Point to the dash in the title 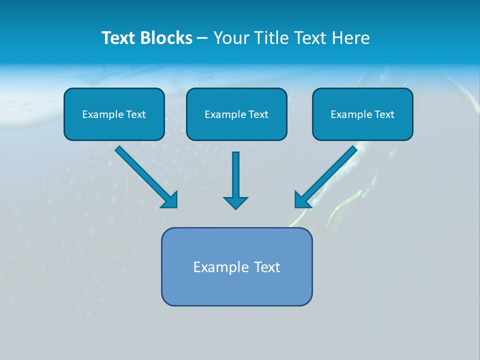[202, 38]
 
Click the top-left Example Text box [114, 114]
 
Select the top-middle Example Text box [236, 114]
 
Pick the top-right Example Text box [362, 114]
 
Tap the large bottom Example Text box [236, 267]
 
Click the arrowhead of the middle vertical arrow [235, 202]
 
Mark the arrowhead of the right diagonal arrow [301, 199]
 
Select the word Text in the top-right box [384, 114]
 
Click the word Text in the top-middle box [258, 114]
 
